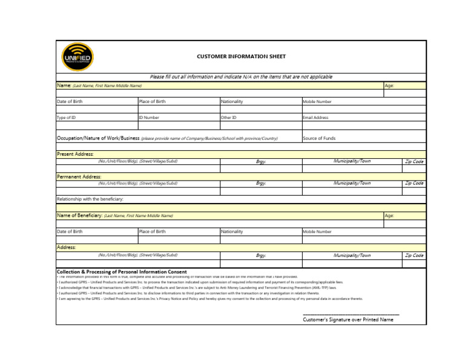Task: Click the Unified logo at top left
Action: [x=77, y=56]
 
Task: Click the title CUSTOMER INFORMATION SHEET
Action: [x=241, y=56]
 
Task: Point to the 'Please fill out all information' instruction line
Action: [x=241, y=77]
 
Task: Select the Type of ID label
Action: [x=66, y=118]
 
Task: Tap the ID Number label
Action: [x=149, y=118]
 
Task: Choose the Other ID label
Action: [x=229, y=118]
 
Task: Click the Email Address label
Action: [x=315, y=118]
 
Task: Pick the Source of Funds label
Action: [x=319, y=138]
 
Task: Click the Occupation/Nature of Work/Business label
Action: [x=98, y=138]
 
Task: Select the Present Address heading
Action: [x=75, y=154]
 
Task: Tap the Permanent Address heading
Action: [x=79, y=176]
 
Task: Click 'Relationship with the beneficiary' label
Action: [x=90, y=199]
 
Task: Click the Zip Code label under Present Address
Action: [x=414, y=161]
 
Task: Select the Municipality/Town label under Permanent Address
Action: [x=352, y=183]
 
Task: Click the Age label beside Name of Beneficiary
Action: [x=389, y=215]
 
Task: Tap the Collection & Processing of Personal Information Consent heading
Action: [x=122, y=272]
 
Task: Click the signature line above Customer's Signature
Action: [x=351, y=314]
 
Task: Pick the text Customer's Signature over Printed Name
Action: [x=348, y=319]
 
